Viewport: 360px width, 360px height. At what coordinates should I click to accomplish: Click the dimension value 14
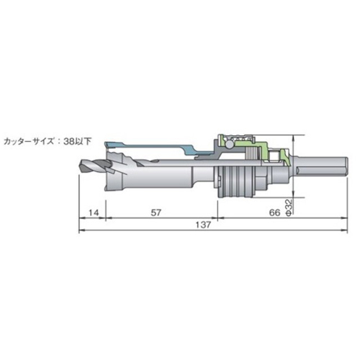point(94,212)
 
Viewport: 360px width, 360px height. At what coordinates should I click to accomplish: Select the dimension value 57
point(156,212)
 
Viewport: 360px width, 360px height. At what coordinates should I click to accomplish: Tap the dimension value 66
point(275,212)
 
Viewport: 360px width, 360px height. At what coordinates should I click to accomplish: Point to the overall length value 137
point(203,225)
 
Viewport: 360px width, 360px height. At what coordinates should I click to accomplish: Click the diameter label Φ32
point(289,207)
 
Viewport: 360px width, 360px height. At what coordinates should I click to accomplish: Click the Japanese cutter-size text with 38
point(48,141)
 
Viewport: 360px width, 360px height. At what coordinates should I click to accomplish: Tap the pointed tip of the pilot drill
point(79,166)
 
